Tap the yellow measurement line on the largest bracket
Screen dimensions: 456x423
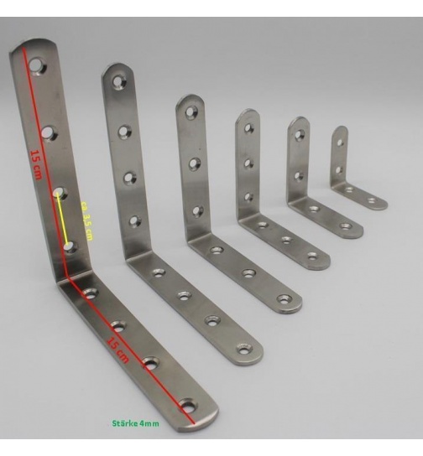click(x=64, y=219)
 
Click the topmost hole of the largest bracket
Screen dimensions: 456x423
click(x=34, y=64)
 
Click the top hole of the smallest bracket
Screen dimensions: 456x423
click(x=340, y=142)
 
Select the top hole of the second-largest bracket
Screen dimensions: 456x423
click(x=117, y=83)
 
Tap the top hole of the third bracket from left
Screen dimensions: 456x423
click(x=191, y=111)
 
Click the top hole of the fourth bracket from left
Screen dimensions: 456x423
click(x=248, y=128)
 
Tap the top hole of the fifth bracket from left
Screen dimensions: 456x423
click(x=299, y=134)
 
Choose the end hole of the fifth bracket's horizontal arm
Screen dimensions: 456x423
click(x=345, y=225)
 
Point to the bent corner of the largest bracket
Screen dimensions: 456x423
click(x=65, y=282)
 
